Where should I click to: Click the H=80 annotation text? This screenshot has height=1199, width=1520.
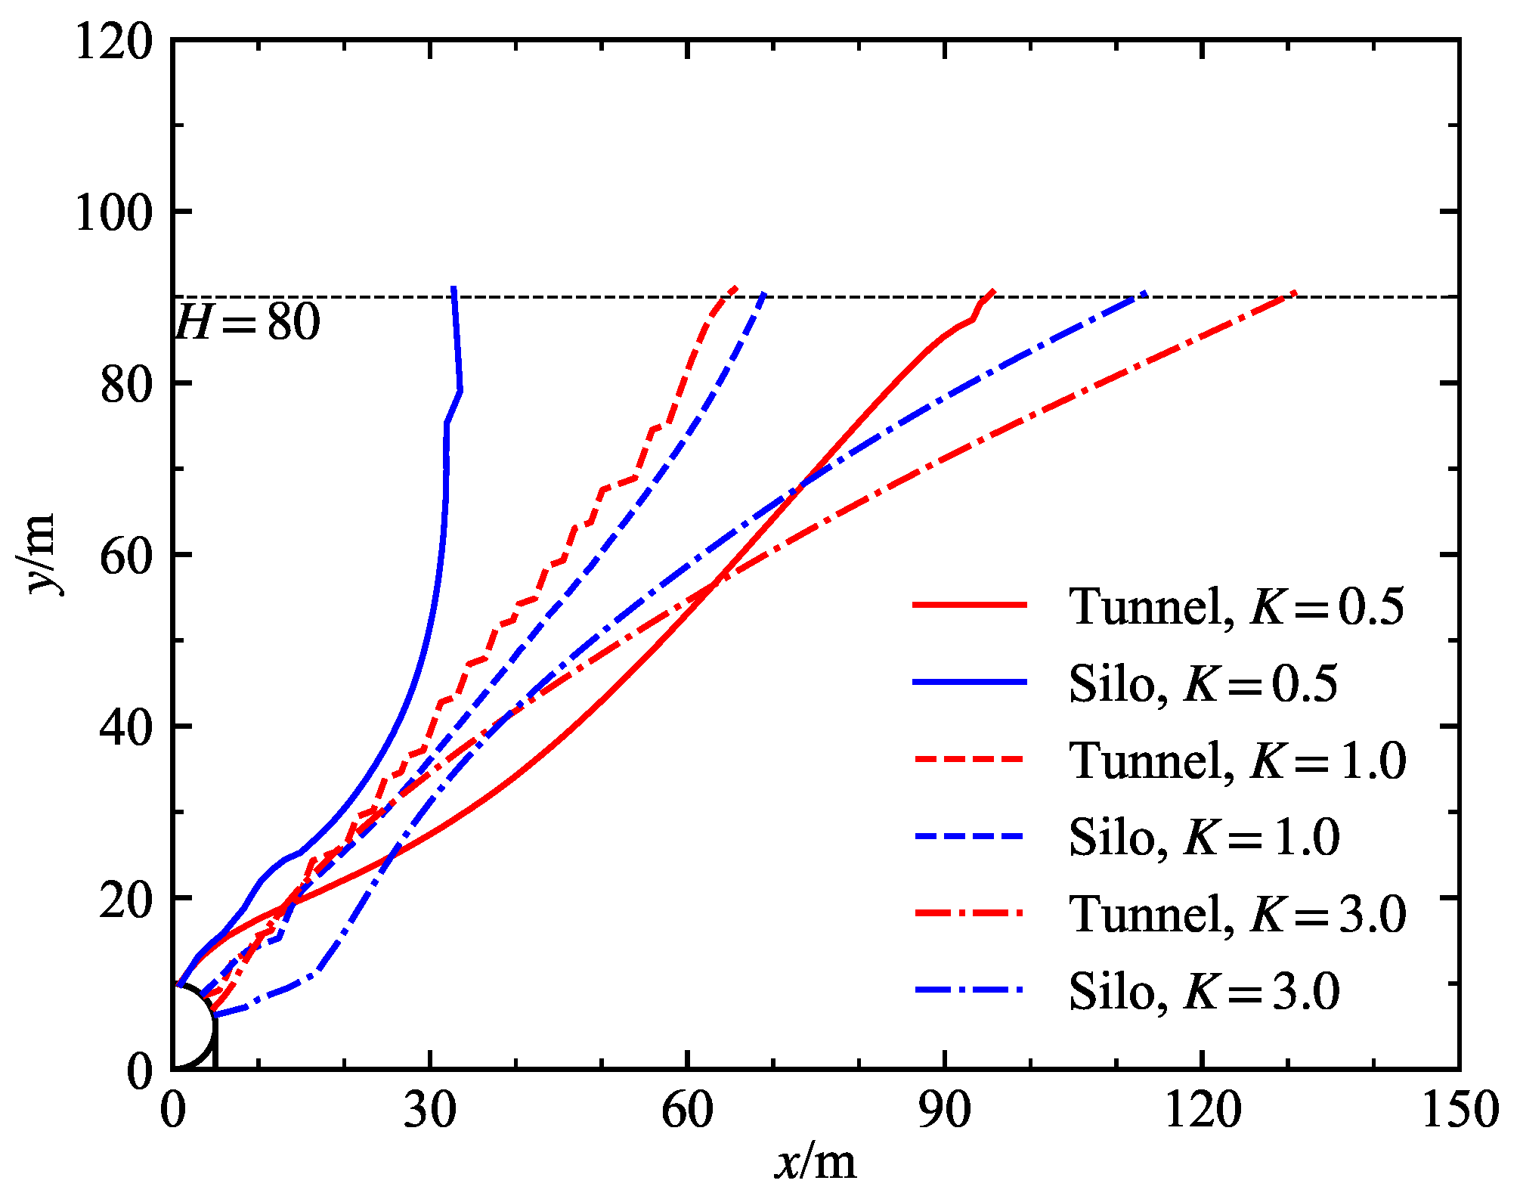click(248, 323)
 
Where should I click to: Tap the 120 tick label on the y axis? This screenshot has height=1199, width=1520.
click(113, 41)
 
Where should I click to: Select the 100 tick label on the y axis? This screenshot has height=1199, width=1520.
click(113, 212)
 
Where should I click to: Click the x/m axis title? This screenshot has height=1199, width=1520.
click(816, 1162)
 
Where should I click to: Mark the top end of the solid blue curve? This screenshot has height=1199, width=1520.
click(453, 288)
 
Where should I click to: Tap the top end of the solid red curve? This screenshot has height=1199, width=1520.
click(993, 290)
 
